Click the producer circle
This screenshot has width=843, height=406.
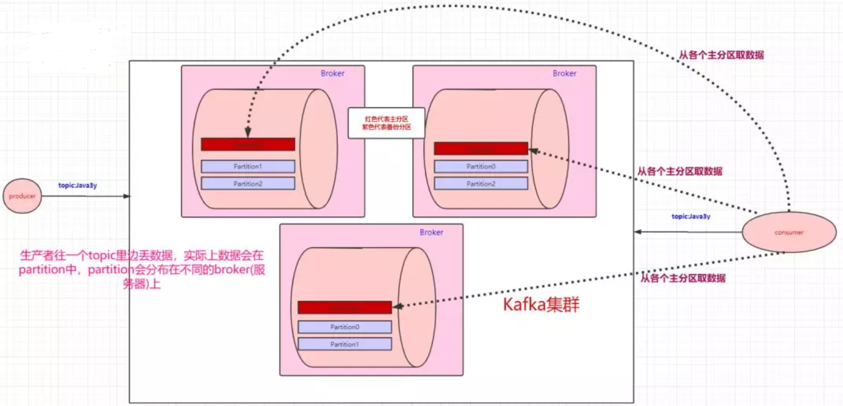[x=22, y=196]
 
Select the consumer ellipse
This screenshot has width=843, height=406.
[x=789, y=232]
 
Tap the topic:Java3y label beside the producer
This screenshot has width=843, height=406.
[x=78, y=185]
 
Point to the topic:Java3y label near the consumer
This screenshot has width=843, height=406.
[x=691, y=216]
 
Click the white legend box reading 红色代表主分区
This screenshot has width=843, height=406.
[x=386, y=123]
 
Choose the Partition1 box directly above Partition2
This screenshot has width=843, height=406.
[x=248, y=166]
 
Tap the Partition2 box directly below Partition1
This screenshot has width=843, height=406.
[x=248, y=184]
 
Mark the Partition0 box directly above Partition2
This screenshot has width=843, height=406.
[x=481, y=166]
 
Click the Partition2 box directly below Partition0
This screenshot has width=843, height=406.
[x=481, y=184]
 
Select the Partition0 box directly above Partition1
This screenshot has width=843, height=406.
[x=345, y=327]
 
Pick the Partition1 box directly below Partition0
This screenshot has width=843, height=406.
[x=345, y=344]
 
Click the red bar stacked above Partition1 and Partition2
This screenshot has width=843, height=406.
[x=248, y=145]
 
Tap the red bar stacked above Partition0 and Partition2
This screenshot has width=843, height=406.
[x=481, y=148]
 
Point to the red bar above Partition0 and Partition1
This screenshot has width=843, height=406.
[x=345, y=308]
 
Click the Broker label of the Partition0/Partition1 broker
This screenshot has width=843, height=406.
[x=431, y=232]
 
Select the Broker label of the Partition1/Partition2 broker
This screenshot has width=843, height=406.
[x=333, y=73]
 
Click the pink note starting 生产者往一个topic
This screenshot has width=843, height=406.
[x=142, y=269]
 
